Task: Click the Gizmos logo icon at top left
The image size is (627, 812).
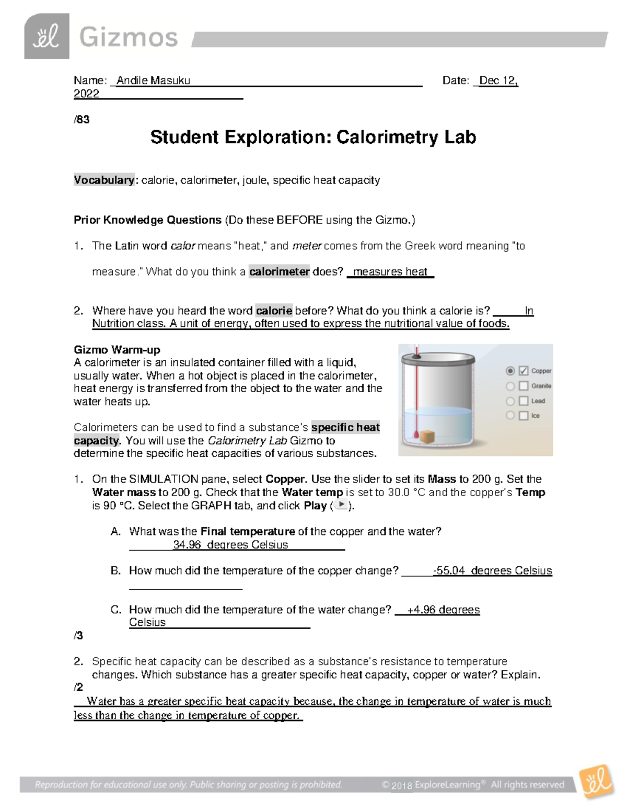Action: (47, 37)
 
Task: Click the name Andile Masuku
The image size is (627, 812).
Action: (153, 81)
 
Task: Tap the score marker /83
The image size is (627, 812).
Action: (82, 119)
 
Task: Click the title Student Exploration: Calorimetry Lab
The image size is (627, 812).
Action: (313, 137)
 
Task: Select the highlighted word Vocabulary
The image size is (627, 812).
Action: (104, 180)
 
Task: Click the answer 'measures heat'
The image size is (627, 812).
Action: (390, 271)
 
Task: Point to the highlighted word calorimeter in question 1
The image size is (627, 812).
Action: (279, 271)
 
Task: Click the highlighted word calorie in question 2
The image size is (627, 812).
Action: (274, 311)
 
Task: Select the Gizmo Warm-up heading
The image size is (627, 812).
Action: (117, 350)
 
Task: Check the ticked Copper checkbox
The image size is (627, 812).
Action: (524, 371)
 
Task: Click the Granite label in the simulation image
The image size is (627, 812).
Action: (541, 386)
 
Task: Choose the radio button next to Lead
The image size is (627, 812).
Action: (510, 401)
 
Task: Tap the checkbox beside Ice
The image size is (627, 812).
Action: (524, 416)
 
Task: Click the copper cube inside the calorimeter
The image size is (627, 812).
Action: (428, 436)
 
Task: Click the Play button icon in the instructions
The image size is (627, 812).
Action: (341, 505)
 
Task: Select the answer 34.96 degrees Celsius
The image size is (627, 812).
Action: (230, 545)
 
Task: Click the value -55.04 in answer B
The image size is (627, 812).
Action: (449, 570)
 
